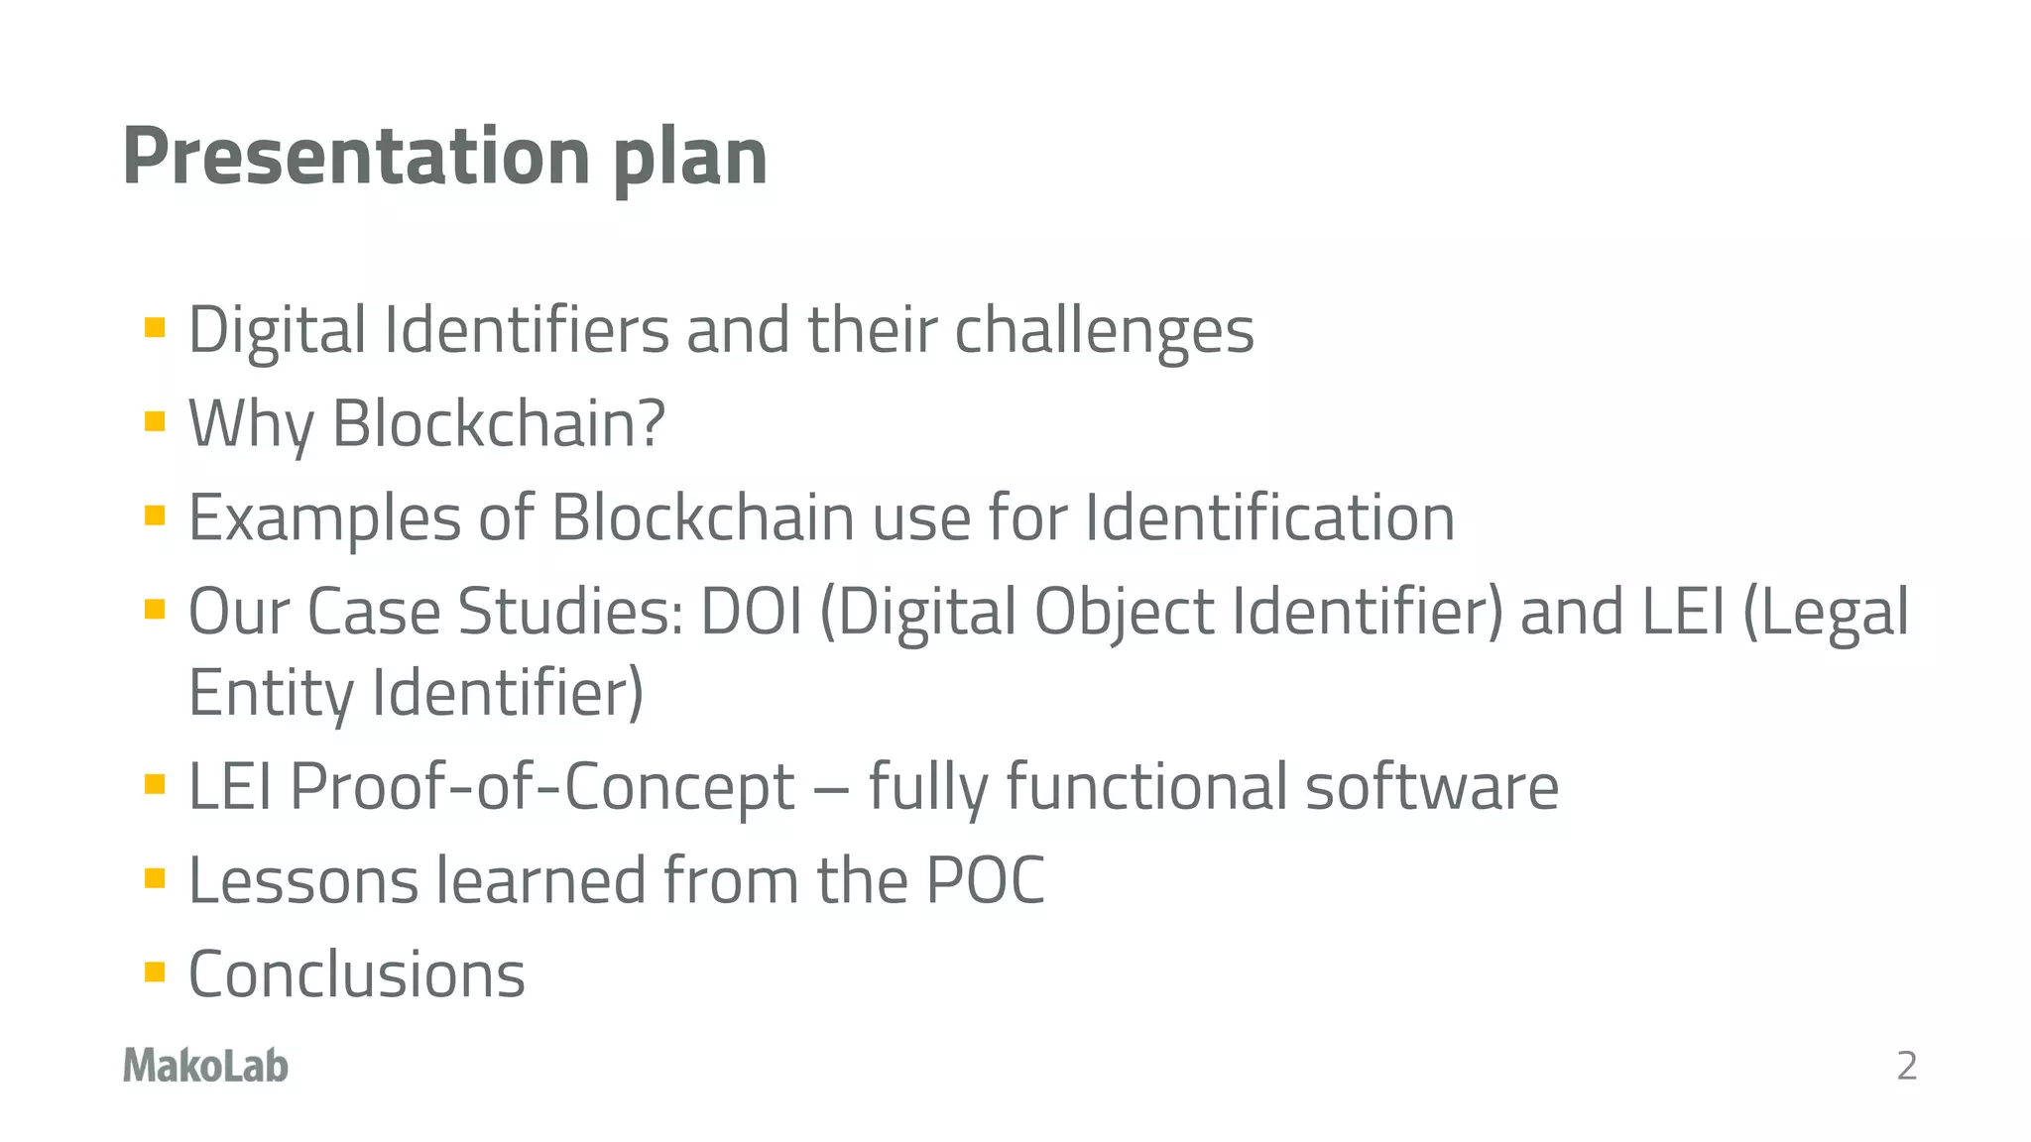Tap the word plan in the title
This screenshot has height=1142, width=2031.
pos(689,159)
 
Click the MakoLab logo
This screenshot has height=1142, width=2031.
pos(205,1066)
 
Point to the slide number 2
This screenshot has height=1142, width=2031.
pos(1906,1067)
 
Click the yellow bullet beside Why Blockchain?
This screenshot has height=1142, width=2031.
pos(155,422)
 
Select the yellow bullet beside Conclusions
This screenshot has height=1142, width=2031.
pos(155,971)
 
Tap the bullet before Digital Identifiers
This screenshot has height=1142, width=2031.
pos(155,328)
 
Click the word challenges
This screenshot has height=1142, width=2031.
pos(1104,331)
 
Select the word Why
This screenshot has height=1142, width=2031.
pos(251,424)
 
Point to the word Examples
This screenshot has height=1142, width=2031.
pos(324,518)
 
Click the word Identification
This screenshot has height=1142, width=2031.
pos(1269,517)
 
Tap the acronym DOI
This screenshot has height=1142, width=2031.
pos(752,612)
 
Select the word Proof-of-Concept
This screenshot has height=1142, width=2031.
pos(542,787)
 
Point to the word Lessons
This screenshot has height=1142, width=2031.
pos(303,880)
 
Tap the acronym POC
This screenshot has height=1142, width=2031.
pos(985,880)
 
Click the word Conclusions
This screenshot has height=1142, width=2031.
pos(357,974)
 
